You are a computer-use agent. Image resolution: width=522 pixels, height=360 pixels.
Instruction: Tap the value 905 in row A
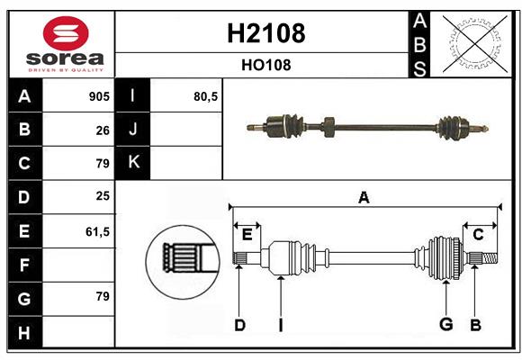[x=98, y=96]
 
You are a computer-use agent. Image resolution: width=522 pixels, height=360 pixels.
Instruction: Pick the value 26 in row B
[x=103, y=130]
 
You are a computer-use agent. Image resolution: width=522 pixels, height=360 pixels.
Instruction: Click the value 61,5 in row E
[x=96, y=231]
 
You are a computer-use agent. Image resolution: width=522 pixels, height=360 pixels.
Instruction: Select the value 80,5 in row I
[x=206, y=96]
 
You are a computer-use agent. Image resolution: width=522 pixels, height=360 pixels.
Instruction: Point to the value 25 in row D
[x=103, y=197]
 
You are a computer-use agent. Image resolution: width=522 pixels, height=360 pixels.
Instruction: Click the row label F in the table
[x=23, y=265]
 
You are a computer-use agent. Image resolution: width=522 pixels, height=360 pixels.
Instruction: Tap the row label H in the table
[x=23, y=333]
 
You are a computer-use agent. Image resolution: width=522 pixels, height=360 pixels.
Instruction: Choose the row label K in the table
[x=133, y=163]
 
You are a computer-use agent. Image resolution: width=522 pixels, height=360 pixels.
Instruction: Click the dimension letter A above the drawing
[x=364, y=197]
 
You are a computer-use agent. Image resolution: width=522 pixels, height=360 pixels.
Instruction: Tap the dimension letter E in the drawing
[x=247, y=235]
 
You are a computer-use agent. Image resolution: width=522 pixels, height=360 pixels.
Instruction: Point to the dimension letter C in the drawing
[x=478, y=235]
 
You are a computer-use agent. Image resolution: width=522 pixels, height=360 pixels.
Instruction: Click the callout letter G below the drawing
[x=445, y=324]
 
